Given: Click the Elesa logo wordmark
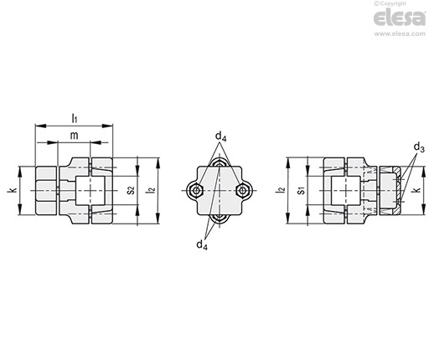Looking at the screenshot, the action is (400, 18).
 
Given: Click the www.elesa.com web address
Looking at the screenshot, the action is (400, 33).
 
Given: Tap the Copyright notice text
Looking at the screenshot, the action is (390, 3).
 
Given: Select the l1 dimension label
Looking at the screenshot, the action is (75, 118).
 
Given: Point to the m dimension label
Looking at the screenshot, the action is (74, 136).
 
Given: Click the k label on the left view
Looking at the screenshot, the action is (13, 190).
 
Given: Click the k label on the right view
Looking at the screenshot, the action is (417, 190).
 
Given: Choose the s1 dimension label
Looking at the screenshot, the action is (300, 191).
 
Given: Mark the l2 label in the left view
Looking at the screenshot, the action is (151, 190).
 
